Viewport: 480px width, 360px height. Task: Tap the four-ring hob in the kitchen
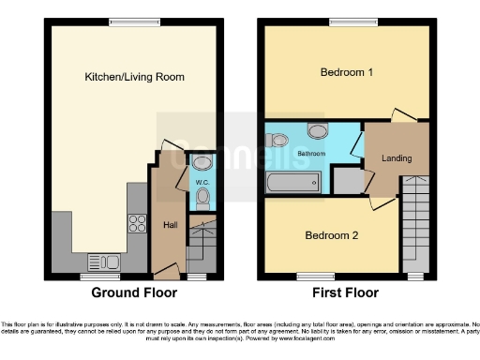[135, 223]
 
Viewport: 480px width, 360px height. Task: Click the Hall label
[171, 225]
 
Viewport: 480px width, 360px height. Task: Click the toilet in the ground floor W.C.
[203, 196]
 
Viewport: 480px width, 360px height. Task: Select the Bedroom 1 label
[346, 72]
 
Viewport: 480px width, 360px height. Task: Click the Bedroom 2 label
[332, 235]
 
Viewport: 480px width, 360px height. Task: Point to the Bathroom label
[311, 153]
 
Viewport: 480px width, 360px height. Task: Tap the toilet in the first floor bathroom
[278, 140]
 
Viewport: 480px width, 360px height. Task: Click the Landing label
[397, 158]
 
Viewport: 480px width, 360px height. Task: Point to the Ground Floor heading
[135, 292]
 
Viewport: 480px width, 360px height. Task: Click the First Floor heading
[345, 292]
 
